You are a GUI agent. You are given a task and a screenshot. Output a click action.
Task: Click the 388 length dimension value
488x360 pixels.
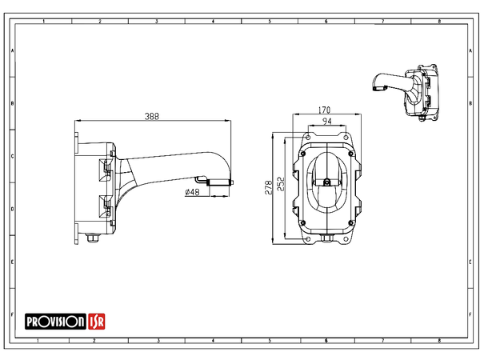point(152,117)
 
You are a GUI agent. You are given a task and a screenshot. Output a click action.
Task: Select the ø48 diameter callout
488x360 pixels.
point(191,191)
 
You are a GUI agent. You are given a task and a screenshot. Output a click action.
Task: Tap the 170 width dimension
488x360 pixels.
point(324,110)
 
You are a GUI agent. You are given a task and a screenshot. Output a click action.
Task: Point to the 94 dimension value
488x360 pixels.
point(326,122)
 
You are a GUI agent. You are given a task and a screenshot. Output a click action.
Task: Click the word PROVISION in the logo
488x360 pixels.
point(55,321)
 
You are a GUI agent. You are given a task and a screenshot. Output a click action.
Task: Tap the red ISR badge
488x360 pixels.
point(96,321)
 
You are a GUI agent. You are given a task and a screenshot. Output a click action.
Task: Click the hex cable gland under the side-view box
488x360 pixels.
point(93,238)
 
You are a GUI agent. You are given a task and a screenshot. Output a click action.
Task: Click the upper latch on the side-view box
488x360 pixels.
point(103,168)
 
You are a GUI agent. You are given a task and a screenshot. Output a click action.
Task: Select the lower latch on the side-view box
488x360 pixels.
point(103,202)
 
